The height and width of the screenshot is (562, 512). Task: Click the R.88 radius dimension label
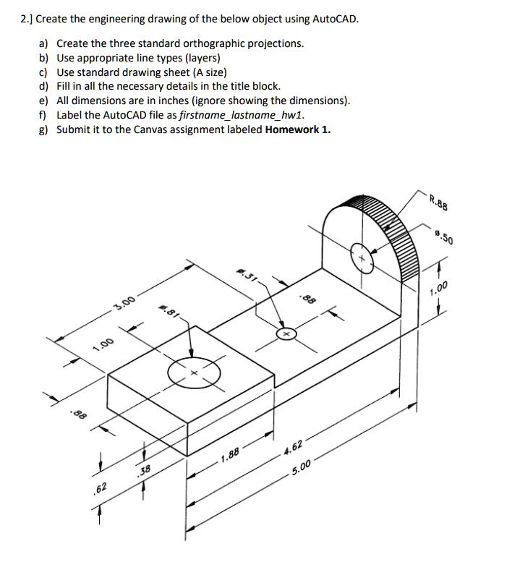(x=439, y=202)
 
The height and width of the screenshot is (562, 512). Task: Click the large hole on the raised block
(x=193, y=372)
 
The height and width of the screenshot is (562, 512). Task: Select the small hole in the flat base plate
(x=286, y=335)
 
